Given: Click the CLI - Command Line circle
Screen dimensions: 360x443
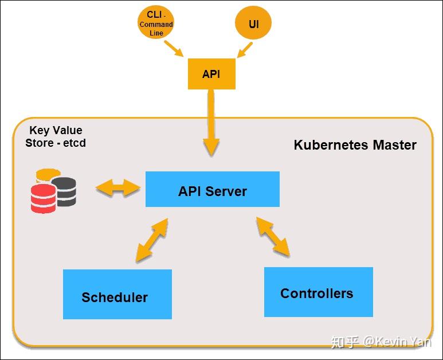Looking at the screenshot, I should tap(156, 25).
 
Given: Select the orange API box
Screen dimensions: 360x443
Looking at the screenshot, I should tap(211, 74).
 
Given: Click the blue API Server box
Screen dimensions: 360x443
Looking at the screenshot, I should tap(212, 189).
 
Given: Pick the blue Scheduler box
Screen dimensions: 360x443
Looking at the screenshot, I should tap(117, 295).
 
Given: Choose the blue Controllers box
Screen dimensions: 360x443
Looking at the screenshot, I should tap(318, 292).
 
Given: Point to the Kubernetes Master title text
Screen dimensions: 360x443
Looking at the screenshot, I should tap(355, 144).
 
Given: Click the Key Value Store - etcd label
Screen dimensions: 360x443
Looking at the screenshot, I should tap(56, 136).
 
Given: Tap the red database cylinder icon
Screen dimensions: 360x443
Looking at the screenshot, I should tap(44, 198).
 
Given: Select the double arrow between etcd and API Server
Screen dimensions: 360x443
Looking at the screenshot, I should tap(118, 187).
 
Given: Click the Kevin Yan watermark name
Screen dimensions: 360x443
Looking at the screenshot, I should tap(406, 342).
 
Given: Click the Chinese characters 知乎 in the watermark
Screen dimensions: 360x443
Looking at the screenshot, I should tap(346, 342).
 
